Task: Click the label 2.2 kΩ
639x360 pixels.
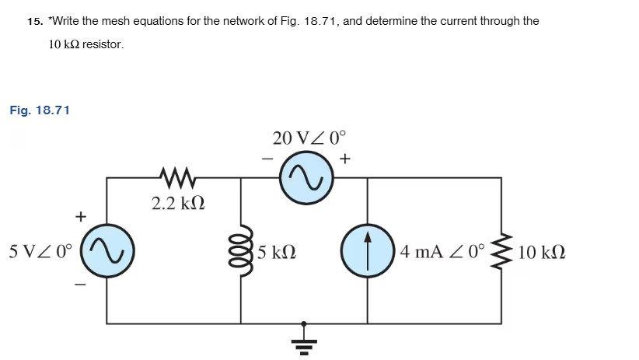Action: click(x=177, y=204)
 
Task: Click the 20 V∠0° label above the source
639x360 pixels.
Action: click(x=307, y=138)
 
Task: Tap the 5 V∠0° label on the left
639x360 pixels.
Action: click(x=40, y=252)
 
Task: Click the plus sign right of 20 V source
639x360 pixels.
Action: click(x=344, y=159)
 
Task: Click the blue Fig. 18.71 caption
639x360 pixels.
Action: click(x=40, y=110)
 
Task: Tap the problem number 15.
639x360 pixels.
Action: click(x=34, y=21)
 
